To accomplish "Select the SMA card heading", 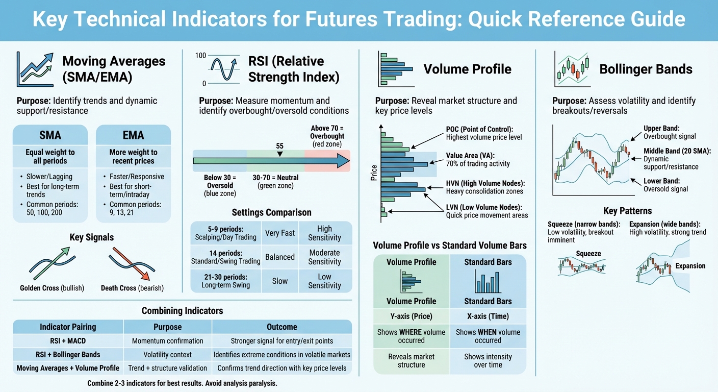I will (x=50, y=135).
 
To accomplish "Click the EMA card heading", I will (x=133, y=135).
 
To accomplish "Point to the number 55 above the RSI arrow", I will (x=279, y=146).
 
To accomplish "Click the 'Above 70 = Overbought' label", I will (x=327, y=136).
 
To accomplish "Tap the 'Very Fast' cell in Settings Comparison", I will (x=280, y=233).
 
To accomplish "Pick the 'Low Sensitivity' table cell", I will (x=324, y=281).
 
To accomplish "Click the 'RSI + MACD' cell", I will (x=68, y=341).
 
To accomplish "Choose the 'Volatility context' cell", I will (x=167, y=354).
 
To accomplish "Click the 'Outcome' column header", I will (x=281, y=327).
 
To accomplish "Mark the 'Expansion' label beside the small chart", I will (x=690, y=266).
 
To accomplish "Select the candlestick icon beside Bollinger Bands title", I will (x=572, y=69).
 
